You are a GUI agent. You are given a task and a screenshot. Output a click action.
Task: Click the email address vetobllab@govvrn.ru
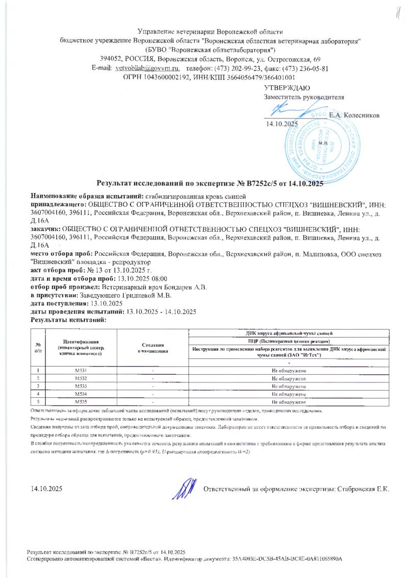(x=148, y=68)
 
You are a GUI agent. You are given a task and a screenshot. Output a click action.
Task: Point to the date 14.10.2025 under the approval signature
(x=280, y=124)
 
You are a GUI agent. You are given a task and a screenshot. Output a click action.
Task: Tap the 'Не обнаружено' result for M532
(x=289, y=378)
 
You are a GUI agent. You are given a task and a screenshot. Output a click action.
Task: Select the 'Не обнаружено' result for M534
(x=289, y=395)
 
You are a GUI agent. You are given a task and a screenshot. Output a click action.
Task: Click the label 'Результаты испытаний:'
(x=68, y=320)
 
